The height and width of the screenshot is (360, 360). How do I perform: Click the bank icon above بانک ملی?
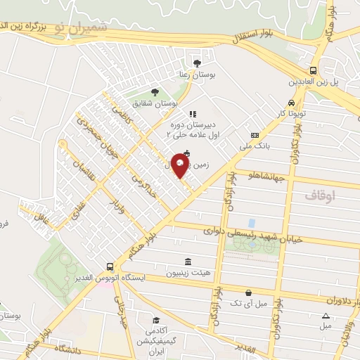[255, 135]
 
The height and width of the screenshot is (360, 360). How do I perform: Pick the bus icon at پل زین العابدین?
[313, 70]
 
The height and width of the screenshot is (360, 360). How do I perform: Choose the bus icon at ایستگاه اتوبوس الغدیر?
[109, 267]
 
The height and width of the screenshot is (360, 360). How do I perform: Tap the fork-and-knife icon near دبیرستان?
[193, 113]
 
